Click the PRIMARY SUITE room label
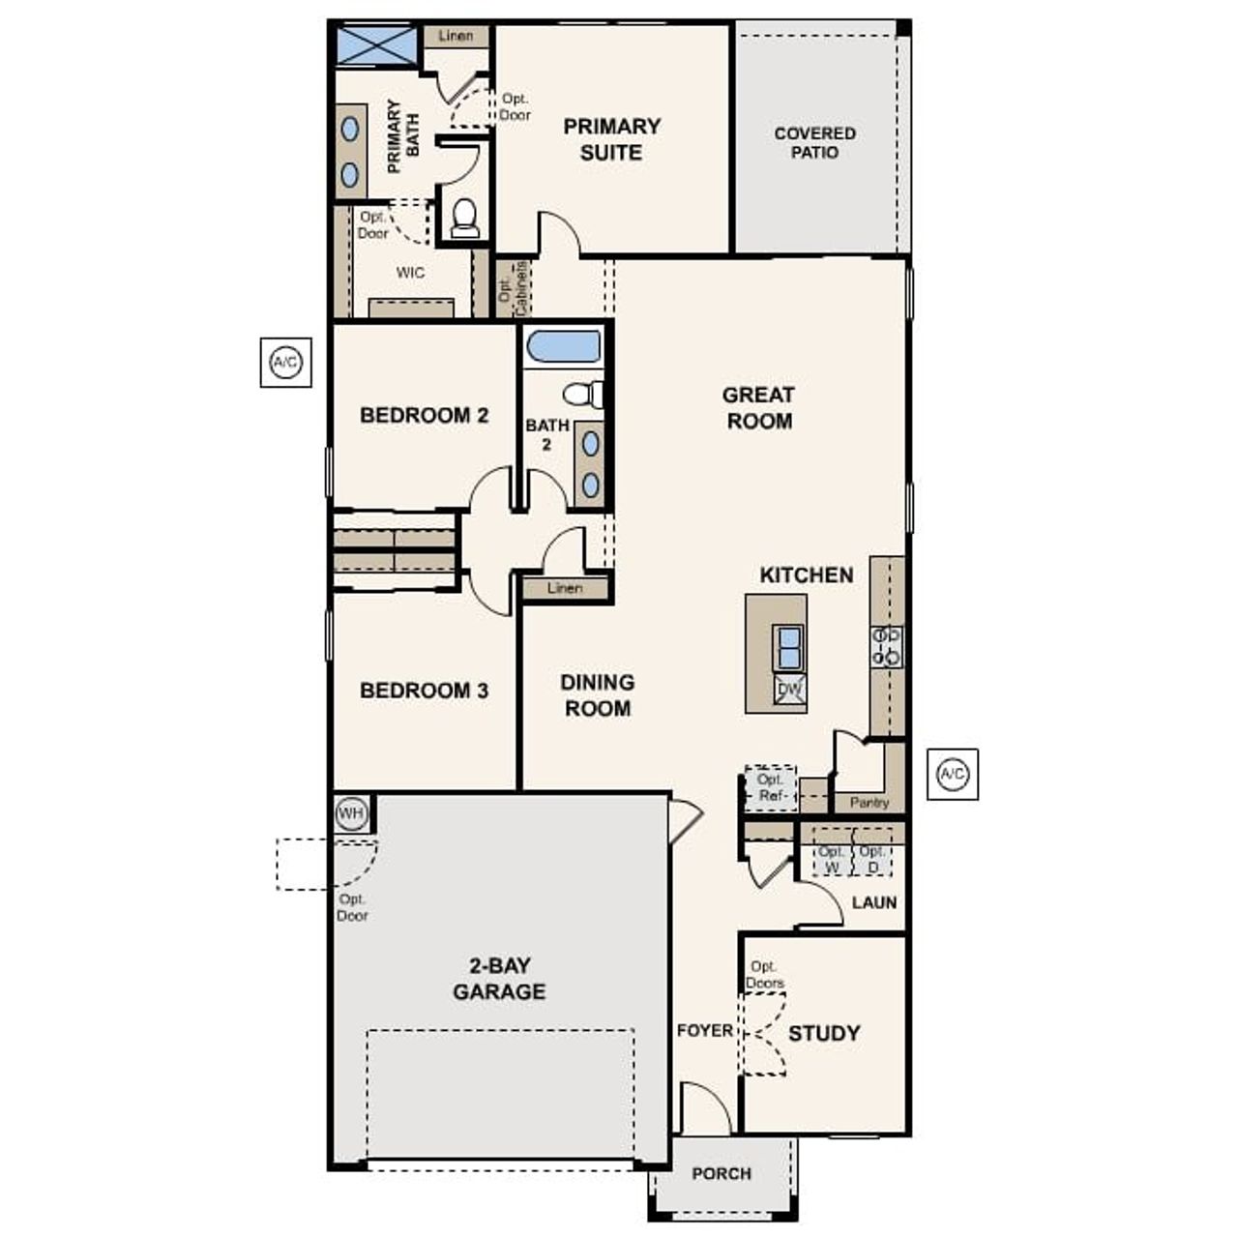[x=611, y=139]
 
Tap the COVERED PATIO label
[x=814, y=142]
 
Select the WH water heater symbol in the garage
[x=350, y=813]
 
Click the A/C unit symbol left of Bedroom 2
[x=285, y=363]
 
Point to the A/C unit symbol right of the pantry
[x=952, y=774]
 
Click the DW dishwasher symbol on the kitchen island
[x=789, y=690]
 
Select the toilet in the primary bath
[x=465, y=218]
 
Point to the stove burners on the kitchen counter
[x=886, y=646]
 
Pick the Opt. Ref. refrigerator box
[x=771, y=787]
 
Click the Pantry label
[x=869, y=803]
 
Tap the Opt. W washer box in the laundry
[x=831, y=859]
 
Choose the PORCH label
[x=722, y=1173]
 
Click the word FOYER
[x=704, y=1031]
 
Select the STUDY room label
[x=824, y=1033]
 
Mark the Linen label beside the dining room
[x=565, y=588]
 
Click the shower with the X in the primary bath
[x=376, y=45]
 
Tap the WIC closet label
[x=410, y=273]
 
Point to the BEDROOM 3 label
[x=424, y=691]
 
